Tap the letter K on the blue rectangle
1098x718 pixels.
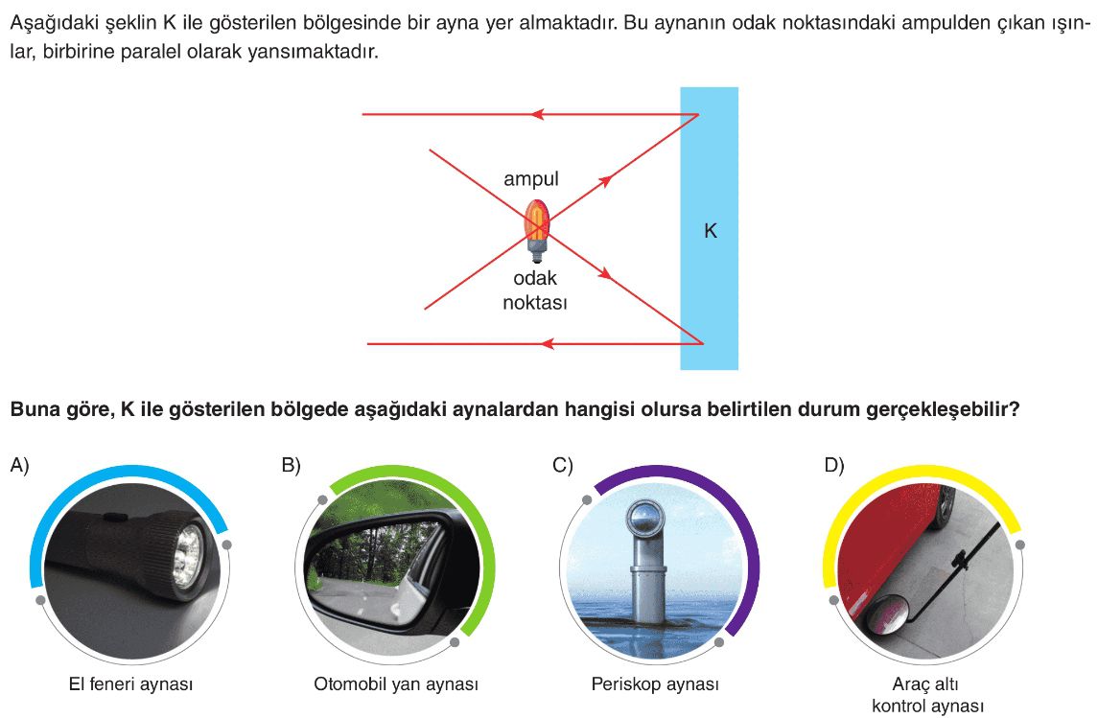(711, 231)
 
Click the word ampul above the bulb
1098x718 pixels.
(531, 179)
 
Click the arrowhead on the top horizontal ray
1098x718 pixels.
(537, 115)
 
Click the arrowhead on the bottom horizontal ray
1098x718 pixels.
(549, 343)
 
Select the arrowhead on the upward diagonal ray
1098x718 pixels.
(605, 180)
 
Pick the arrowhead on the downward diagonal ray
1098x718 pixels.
(605, 274)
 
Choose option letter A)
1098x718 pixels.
(20, 466)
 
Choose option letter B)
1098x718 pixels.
(292, 466)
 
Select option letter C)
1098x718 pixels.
(563, 466)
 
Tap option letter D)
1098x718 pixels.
(834, 466)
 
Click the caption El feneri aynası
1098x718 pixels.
(130, 684)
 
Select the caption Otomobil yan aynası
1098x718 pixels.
(396, 684)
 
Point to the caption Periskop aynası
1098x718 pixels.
(655, 684)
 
